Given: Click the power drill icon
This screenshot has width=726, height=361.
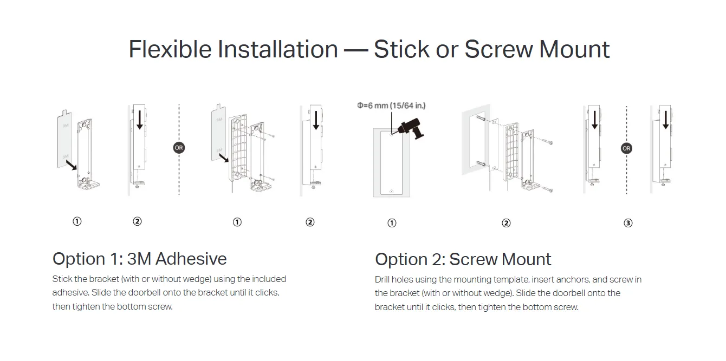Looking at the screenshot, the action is pyautogui.click(x=411, y=128).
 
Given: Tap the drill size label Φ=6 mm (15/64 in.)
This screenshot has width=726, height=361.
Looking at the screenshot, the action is pyautogui.click(x=391, y=106).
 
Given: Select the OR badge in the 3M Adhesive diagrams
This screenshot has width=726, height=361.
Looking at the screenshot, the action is pyautogui.click(x=179, y=148).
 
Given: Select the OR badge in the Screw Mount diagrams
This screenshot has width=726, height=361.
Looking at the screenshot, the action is pyautogui.click(x=626, y=149).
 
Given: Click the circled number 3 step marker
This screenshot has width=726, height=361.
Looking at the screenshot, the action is pyautogui.click(x=628, y=223).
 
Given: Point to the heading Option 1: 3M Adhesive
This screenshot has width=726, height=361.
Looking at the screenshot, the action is pyautogui.click(x=139, y=259).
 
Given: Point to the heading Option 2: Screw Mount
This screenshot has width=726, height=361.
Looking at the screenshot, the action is pyautogui.click(x=463, y=259).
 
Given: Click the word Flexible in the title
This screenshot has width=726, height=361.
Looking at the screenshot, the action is pyautogui.click(x=170, y=49).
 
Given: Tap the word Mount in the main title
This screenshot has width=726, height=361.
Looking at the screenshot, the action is pyautogui.click(x=574, y=49).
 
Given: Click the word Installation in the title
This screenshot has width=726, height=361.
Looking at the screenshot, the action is pyautogui.click(x=278, y=49).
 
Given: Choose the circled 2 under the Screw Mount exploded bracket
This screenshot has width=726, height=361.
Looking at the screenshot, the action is pyautogui.click(x=506, y=223).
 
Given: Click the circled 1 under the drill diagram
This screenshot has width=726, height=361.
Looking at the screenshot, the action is pyautogui.click(x=392, y=223).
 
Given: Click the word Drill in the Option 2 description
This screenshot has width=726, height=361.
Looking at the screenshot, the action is pyautogui.click(x=382, y=279).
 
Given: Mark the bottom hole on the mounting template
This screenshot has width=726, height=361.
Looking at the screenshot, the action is pyautogui.click(x=392, y=192).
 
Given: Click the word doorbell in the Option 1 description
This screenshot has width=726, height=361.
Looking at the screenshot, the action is pyautogui.click(x=144, y=292).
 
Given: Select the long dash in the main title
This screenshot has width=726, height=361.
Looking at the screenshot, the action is pyautogui.click(x=356, y=50).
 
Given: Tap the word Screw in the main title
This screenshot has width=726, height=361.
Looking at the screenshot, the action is pyautogui.click(x=499, y=49).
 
